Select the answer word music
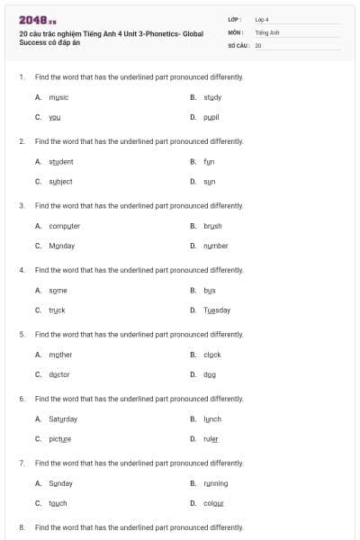(59, 97)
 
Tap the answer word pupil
(211, 117)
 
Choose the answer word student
(61, 162)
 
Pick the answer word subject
(60, 181)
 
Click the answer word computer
(65, 226)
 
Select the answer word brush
(212, 226)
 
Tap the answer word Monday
(62, 245)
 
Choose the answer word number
(216, 245)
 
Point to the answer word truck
(57, 310)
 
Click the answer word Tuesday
(217, 310)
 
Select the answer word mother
(61, 355)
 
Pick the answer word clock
(212, 355)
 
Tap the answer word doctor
(59, 374)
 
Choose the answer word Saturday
(63, 419)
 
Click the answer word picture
(60, 438)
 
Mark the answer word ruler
(211, 438)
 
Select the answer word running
(216, 483)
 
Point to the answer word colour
(213, 503)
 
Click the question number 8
(22, 527)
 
